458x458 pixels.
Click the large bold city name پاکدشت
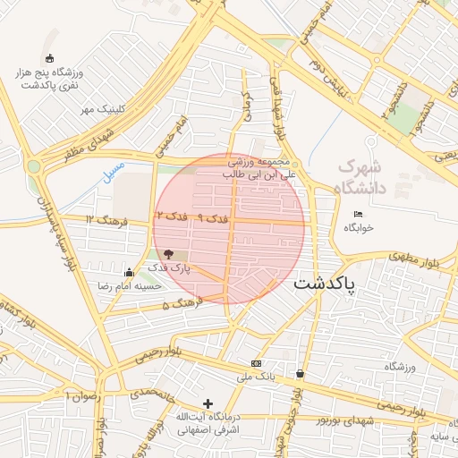click(324, 284)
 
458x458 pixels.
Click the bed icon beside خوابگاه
click(359, 214)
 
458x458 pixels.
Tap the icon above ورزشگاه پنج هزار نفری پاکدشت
click(48, 59)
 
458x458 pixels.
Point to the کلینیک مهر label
click(101, 110)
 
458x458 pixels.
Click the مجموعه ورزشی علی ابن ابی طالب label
click(259, 169)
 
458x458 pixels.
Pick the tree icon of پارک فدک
click(169, 255)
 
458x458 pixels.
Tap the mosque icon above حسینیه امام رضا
click(130, 273)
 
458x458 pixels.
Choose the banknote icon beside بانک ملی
click(257, 363)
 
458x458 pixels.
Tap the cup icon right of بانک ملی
click(299, 374)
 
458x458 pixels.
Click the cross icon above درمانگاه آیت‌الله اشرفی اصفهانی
click(208, 403)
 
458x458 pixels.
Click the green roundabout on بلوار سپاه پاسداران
click(34, 165)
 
